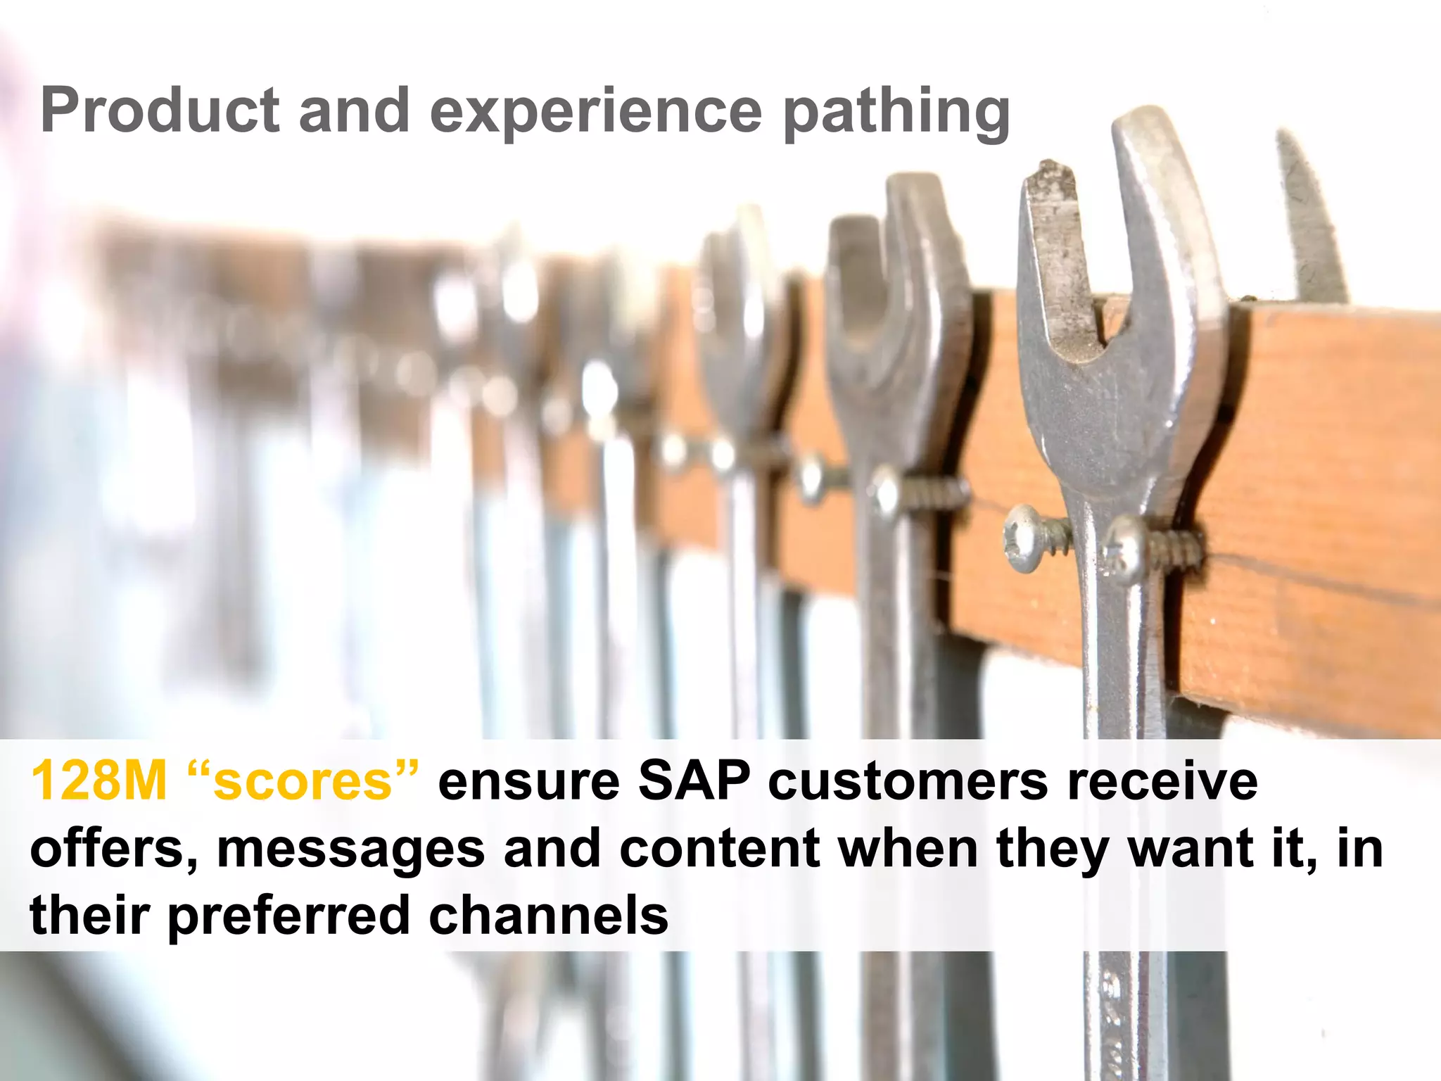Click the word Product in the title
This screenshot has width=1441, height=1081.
click(160, 110)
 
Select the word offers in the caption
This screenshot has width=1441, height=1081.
click(113, 848)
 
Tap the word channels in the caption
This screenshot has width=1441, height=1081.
click(549, 915)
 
